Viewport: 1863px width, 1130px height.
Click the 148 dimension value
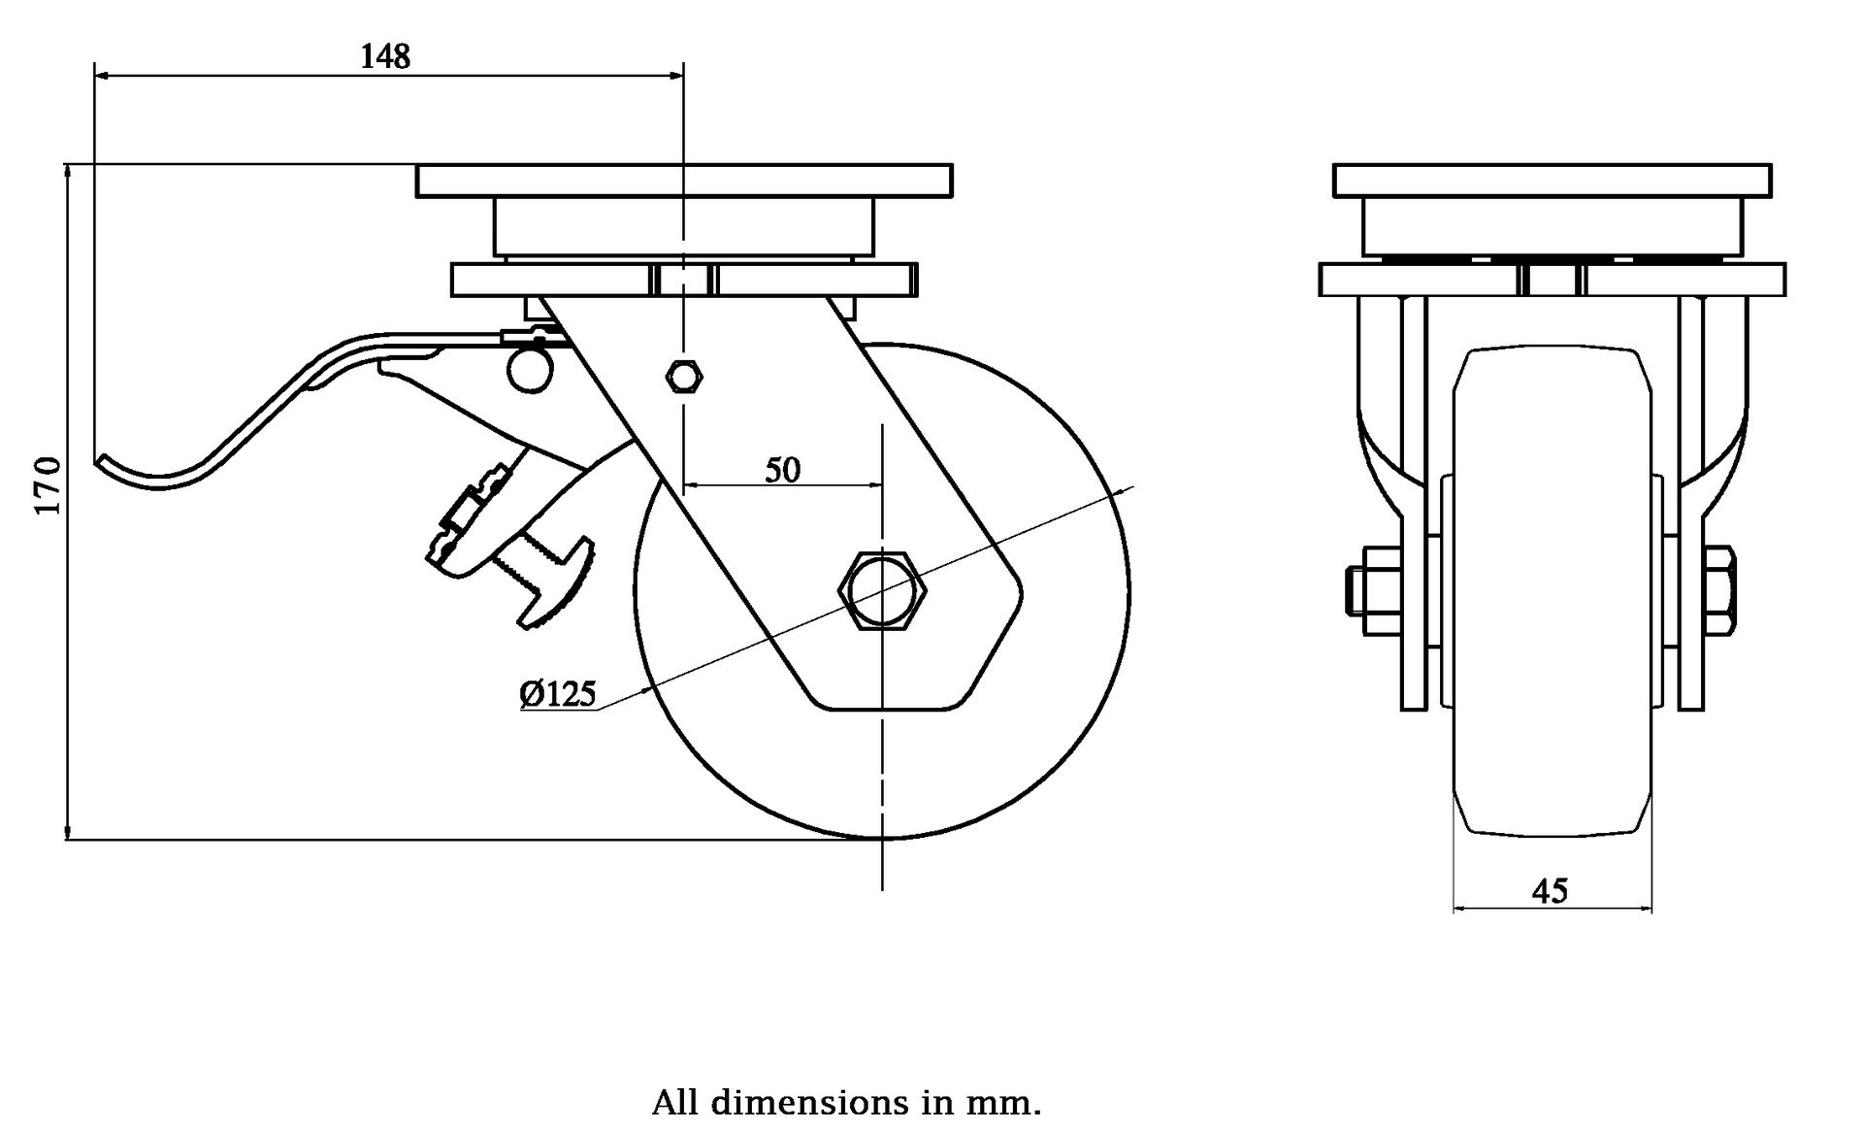pos(385,56)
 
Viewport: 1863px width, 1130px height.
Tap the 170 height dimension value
pos(49,485)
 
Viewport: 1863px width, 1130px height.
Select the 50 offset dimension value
pos(782,470)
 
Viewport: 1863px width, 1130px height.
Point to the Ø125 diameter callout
pos(558,693)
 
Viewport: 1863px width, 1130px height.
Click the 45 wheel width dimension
pos(1550,889)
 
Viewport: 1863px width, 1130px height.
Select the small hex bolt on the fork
pos(685,375)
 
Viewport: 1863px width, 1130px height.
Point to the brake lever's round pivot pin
pos(530,370)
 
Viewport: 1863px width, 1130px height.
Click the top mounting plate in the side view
pos(684,181)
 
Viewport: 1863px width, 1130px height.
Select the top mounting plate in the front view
pos(1552,181)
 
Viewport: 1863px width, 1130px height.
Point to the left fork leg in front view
pos(1414,505)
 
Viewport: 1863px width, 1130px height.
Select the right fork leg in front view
pos(1691,505)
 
